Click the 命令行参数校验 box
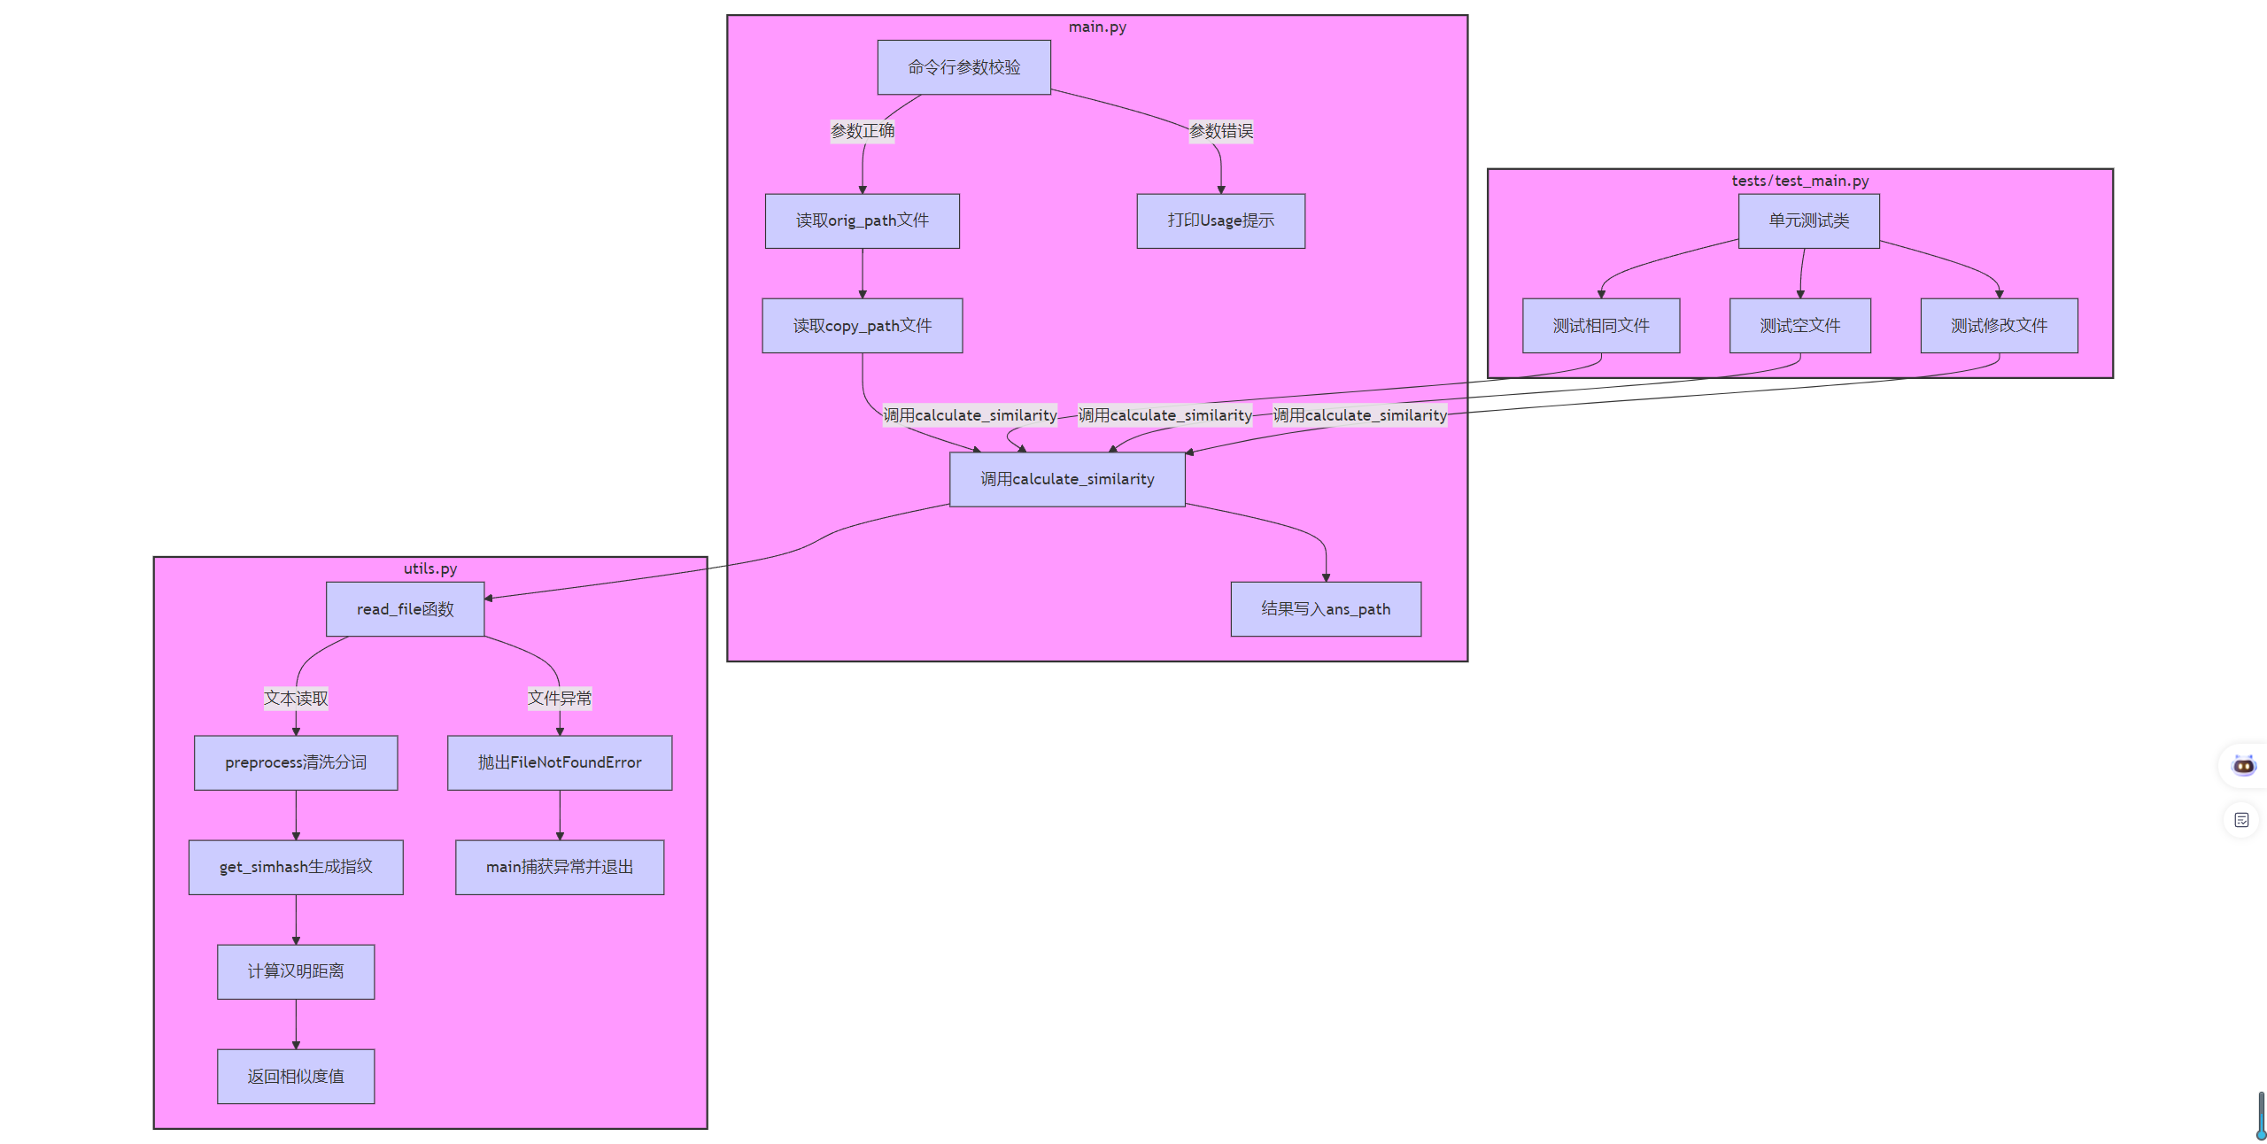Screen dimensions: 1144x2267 coord(963,67)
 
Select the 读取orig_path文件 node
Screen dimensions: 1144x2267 coord(862,220)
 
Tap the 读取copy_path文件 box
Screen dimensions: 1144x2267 coord(862,326)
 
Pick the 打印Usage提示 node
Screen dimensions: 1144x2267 coord(1220,220)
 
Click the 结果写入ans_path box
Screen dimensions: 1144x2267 coord(1325,609)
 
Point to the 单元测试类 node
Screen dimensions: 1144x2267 coord(1808,220)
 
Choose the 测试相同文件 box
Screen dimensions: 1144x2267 coord(1600,326)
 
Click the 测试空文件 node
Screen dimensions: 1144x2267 coord(1799,326)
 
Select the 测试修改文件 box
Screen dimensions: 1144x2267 coord(1999,326)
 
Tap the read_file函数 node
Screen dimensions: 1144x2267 coord(405,609)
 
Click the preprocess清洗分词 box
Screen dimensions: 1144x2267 coord(296,762)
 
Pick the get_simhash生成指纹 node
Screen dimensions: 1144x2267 coord(296,867)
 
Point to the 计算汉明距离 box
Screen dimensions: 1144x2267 coord(296,971)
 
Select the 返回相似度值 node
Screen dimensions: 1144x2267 coord(296,1077)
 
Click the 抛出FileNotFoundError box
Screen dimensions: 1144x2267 coord(559,762)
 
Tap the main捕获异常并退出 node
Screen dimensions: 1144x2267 coord(559,867)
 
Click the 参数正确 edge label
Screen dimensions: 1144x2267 coord(862,131)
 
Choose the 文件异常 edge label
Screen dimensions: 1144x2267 coord(559,699)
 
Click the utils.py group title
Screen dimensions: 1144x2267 coord(430,568)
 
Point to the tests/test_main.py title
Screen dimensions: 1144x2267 coord(1799,181)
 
